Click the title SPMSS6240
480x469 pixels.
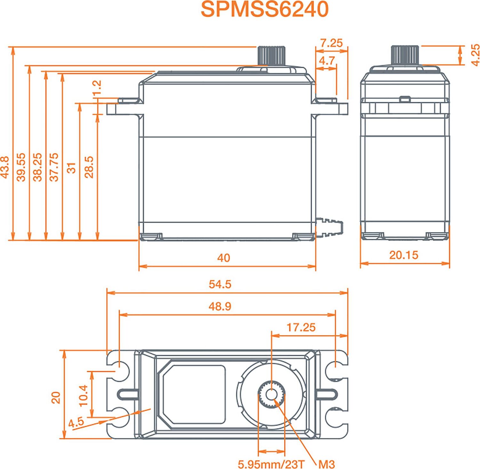[x=265, y=10]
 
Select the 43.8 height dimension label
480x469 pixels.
[x=5, y=167]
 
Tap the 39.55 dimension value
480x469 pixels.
[x=21, y=167]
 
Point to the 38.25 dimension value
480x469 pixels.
[x=38, y=167]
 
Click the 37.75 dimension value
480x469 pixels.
[x=54, y=167]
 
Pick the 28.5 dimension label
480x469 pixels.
[x=89, y=167]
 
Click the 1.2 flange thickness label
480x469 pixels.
[x=97, y=88]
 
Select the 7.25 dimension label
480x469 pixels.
[x=331, y=43]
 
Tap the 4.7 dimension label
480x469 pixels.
[x=327, y=60]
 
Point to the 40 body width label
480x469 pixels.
[x=223, y=258]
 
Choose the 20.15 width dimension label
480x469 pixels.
[x=404, y=255]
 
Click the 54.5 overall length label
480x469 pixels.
[x=220, y=284]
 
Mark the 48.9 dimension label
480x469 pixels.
[x=220, y=306]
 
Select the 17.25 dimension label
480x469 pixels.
[x=301, y=327]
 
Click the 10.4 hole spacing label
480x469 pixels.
[x=83, y=395]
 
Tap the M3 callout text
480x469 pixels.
[x=326, y=464]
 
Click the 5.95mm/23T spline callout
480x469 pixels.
[x=271, y=464]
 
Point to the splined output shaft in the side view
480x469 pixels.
[x=405, y=55]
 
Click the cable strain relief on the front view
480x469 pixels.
[x=330, y=227]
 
